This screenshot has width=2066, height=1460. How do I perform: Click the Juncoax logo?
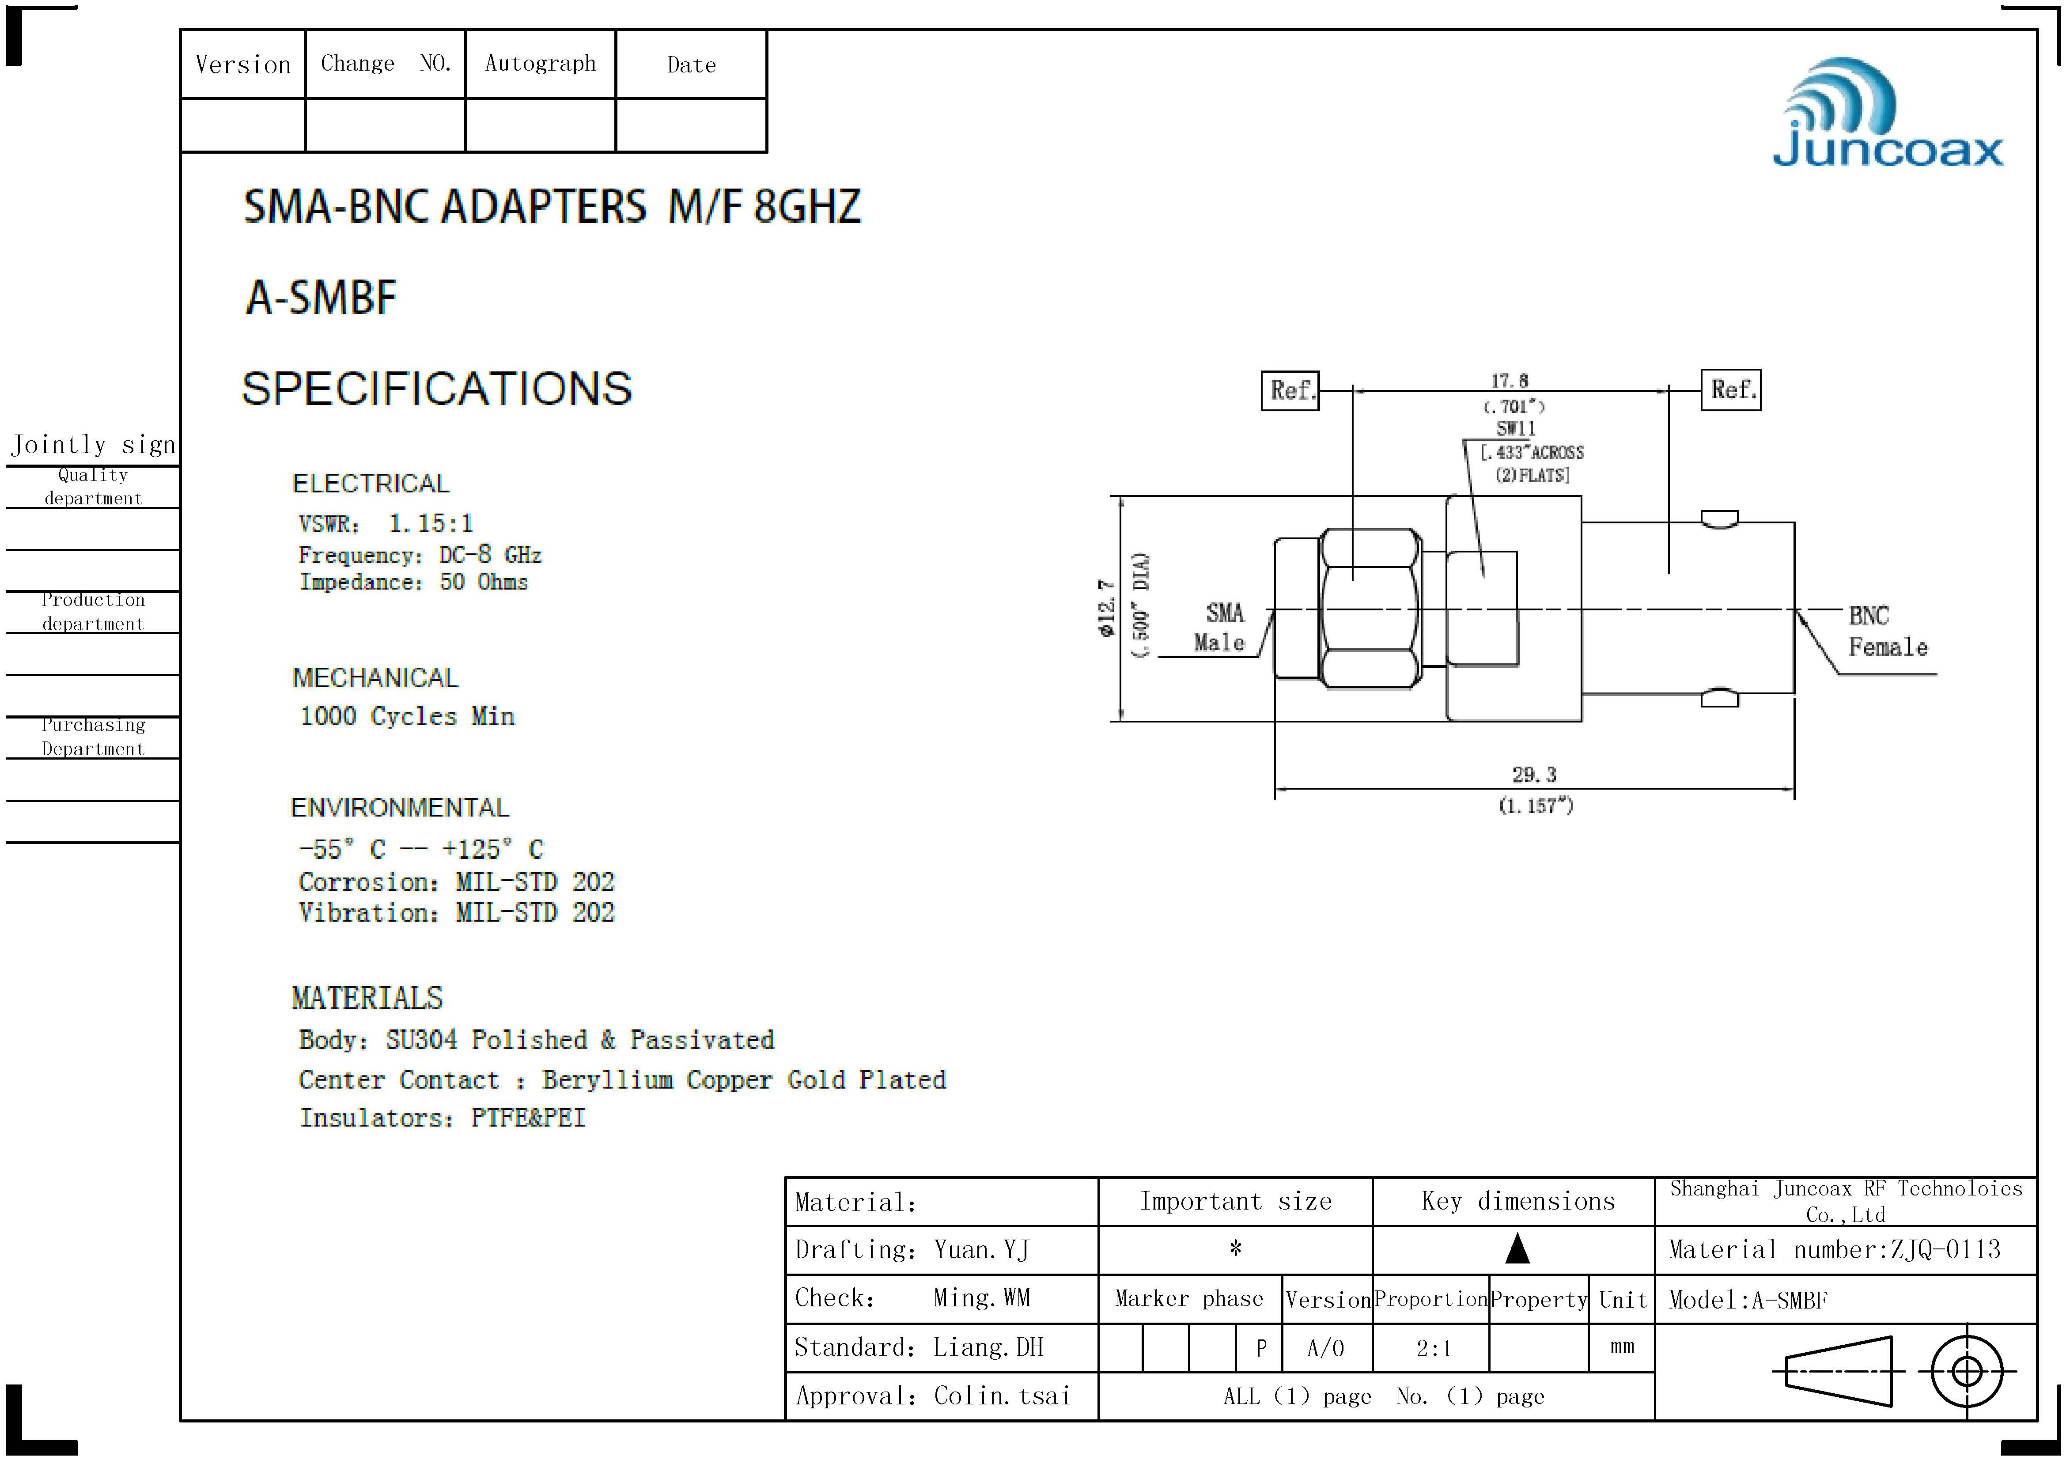click(1887, 114)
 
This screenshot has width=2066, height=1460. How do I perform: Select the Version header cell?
click(243, 65)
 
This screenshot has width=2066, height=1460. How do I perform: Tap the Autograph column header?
click(540, 64)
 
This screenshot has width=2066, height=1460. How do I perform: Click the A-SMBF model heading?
click(321, 298)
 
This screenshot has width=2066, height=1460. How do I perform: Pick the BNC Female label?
click(1887, 632)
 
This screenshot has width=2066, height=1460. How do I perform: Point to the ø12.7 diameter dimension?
click(1107, 608)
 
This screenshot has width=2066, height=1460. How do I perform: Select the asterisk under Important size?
click(1235, 1248)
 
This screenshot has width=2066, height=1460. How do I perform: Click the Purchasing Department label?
click(93, 737)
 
